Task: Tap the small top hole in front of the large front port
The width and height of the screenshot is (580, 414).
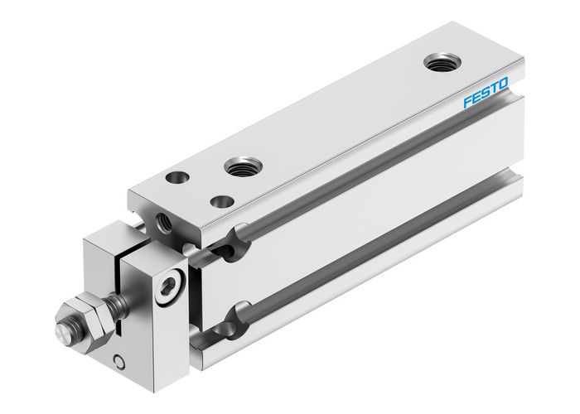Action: pyautogui.click(x=220, y=200)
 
